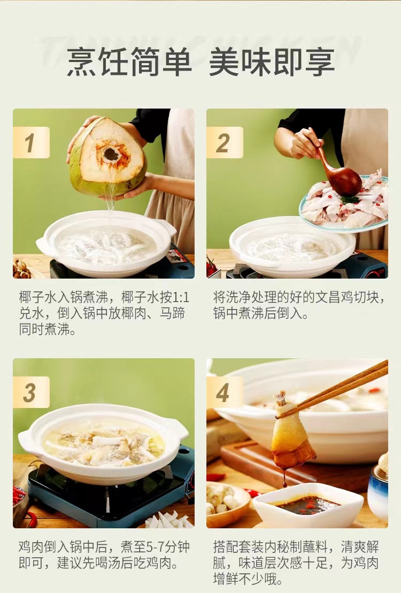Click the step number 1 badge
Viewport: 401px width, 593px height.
[x=31, y=143]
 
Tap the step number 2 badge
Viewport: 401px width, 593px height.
[x=225, y=143]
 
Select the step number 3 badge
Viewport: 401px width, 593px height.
[x=31, y=392]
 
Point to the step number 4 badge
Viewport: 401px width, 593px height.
[x=225, y=392]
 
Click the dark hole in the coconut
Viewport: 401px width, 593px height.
[x=111, y=154]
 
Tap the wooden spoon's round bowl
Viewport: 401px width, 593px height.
[x=344, y=182]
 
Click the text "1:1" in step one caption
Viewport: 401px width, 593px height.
[x=181, y=298]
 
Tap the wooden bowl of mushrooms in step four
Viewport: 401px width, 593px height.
[x=228, y=504]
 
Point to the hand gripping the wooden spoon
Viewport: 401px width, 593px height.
[x=306, y=143]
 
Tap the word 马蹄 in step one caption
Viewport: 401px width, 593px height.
[x=172, y=313]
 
